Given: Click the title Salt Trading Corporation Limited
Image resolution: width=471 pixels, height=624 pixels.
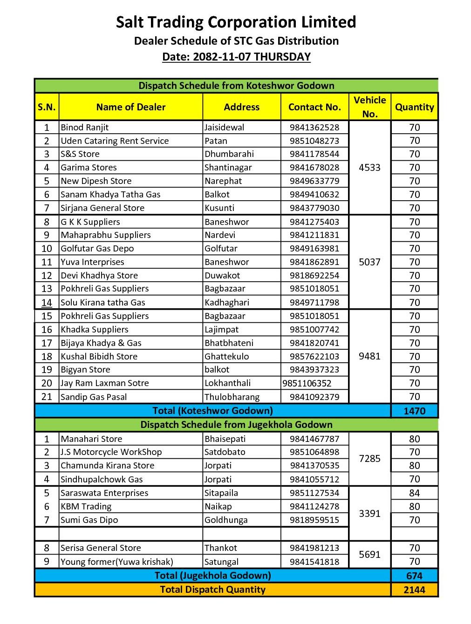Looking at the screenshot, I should point(236,22).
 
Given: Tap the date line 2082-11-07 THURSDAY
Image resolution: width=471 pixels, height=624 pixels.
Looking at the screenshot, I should point(236,57).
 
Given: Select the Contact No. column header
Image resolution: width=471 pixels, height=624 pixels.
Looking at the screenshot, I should point(314,107).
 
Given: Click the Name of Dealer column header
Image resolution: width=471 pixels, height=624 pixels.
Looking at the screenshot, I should point(131,107).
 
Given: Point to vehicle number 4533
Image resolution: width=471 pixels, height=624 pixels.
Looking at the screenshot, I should point(369,168).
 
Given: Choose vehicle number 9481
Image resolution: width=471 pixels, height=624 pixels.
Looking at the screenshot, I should point(369,356).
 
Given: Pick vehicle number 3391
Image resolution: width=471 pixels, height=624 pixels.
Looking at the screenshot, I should point(369,514).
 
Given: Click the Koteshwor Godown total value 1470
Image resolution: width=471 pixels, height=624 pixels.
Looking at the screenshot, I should point(414,411).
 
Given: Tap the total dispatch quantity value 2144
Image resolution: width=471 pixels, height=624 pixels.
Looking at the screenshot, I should point(414,590).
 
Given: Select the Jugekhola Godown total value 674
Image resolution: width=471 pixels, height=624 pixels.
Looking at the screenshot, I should point(414,576).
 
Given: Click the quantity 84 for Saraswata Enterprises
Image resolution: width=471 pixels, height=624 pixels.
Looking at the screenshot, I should point(414,493).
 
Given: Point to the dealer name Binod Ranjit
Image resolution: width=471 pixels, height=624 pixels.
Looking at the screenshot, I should point(85,128).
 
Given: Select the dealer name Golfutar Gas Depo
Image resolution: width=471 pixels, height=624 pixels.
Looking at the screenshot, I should point(97,249).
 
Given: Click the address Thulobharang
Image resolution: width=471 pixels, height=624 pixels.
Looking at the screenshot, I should point(232,397).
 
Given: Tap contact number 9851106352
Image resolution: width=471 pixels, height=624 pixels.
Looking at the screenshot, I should point(307,383).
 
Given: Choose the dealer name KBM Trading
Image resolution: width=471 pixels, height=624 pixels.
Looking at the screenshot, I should point(86,507).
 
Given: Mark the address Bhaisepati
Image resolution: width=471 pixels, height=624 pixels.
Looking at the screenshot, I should point(225,439).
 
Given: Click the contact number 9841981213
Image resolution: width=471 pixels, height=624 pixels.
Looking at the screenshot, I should point(314,548).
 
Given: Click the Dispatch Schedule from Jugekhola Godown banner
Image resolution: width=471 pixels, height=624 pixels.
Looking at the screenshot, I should point(236,425).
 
